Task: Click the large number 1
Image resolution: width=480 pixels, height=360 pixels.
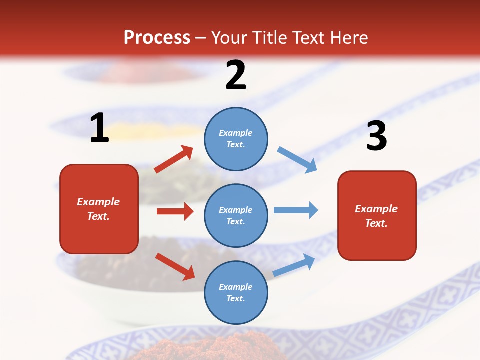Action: pos(99,128)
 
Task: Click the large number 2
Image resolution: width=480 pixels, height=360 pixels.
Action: pos(236,76)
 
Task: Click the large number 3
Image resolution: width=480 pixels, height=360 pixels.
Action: pos(376,136)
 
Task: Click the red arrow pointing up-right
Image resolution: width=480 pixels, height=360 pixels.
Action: pos(174,159)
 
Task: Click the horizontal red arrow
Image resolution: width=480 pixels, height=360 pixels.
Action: pos(175,211)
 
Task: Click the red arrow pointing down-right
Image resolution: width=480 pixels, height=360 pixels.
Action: pos(175,266)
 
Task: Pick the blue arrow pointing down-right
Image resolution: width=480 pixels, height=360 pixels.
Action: pos(297,159)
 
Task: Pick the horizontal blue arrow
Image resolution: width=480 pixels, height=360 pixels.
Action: pos(296,210)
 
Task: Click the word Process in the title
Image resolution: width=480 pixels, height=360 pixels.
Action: pos(157,37)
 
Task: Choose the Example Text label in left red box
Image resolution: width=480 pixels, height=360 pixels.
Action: pos(98,209)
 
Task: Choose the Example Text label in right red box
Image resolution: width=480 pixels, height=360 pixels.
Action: pos(376,216)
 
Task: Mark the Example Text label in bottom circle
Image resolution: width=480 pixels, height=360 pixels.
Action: pos(236,292)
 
